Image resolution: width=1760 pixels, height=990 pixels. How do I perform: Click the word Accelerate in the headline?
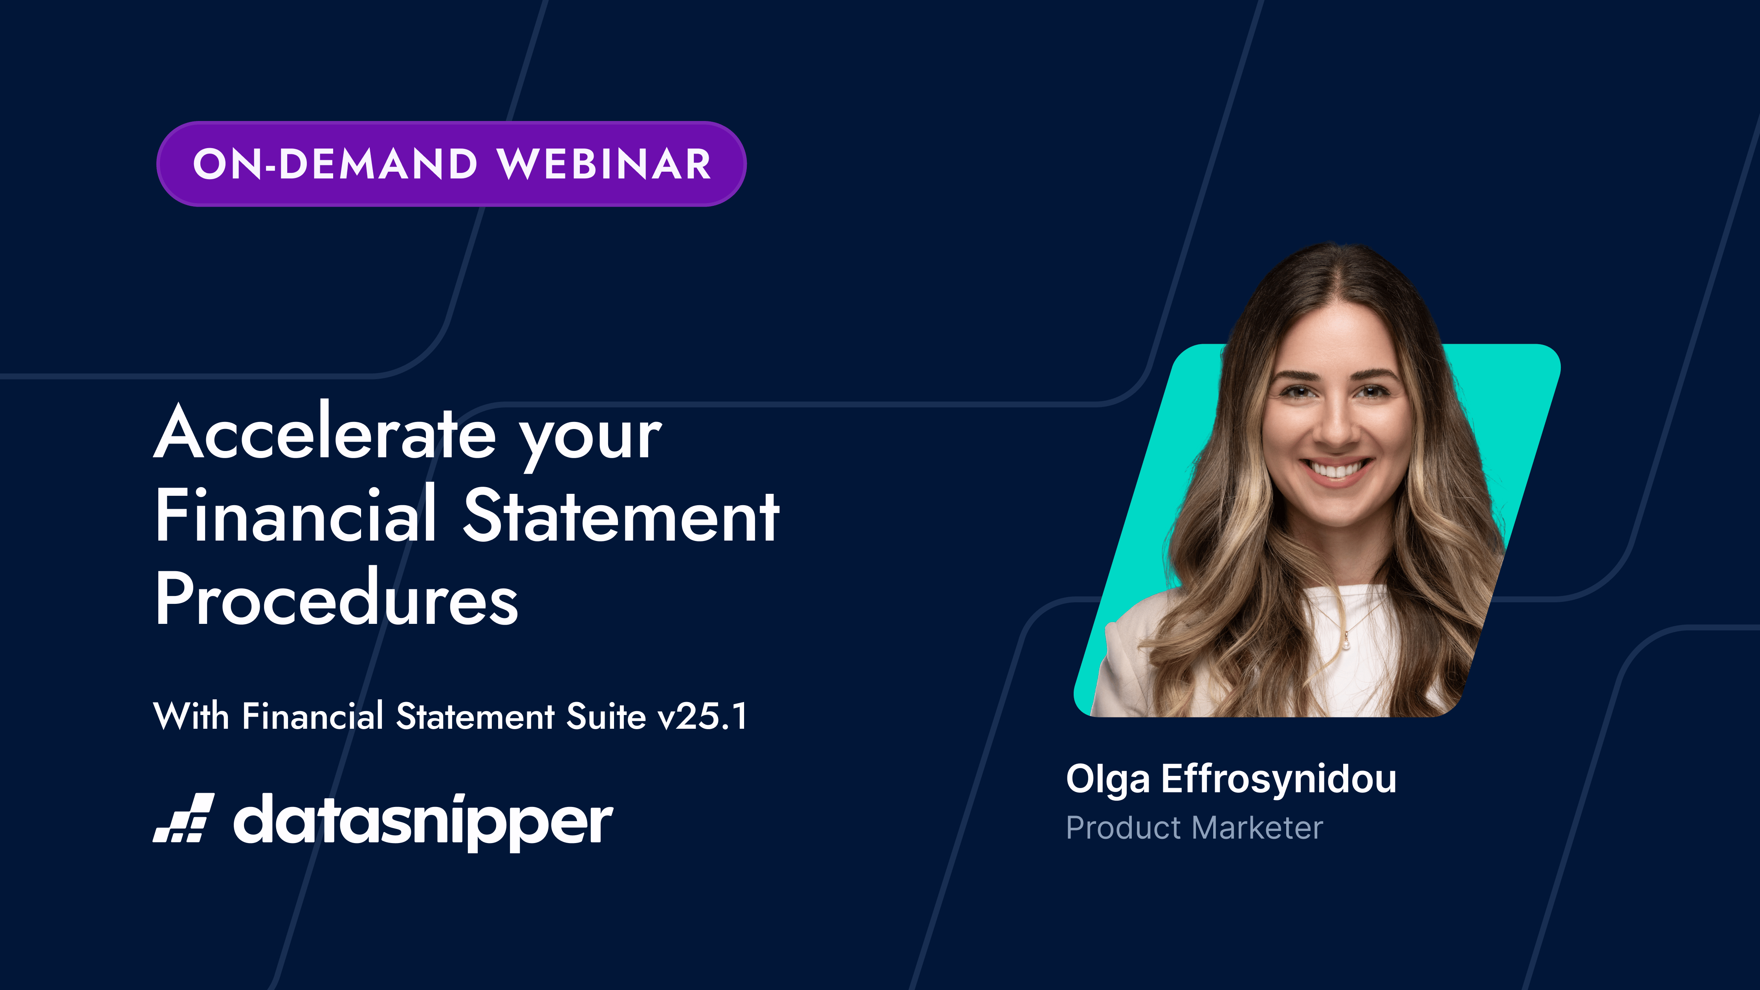pos(325,432)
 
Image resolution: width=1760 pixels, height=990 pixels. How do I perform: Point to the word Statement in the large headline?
pos(621,516)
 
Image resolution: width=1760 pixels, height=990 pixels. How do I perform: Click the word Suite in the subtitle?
pos(606,716)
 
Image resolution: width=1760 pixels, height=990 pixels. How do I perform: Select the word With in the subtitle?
pos(191,716)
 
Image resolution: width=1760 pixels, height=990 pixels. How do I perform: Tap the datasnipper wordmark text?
pos(423,822)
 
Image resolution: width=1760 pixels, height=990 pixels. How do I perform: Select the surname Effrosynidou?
pos(1278,779)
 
